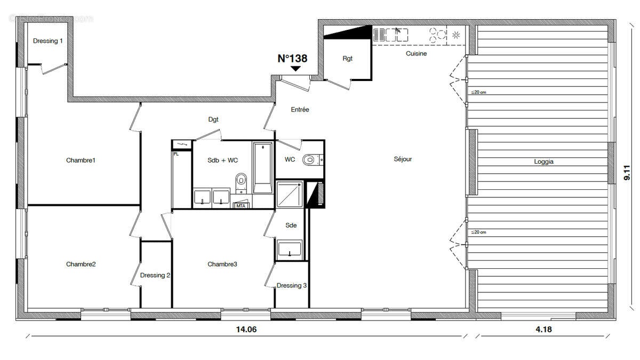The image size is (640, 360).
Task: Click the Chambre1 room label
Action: [81, 160]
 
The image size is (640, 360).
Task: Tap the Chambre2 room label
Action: [81, 264]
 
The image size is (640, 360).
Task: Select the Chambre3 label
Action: [222, 264]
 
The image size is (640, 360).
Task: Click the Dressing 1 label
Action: [48, 41]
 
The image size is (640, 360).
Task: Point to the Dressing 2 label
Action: [155, 275]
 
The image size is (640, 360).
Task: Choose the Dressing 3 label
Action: [291, 285]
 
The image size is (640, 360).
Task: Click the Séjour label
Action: [403, 159]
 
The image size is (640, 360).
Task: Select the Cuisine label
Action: [416, 53]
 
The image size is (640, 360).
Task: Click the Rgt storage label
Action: [347, 59]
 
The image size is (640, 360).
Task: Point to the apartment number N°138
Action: [292, 59]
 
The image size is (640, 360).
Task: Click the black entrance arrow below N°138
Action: [295, 69]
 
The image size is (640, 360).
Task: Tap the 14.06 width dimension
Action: [246, 330]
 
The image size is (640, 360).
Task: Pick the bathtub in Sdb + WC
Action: [262, 167]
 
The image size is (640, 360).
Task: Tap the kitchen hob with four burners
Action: [439, 36]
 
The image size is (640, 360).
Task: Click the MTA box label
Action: [241, 205]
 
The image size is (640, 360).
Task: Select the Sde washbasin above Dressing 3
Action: [290, 250]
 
